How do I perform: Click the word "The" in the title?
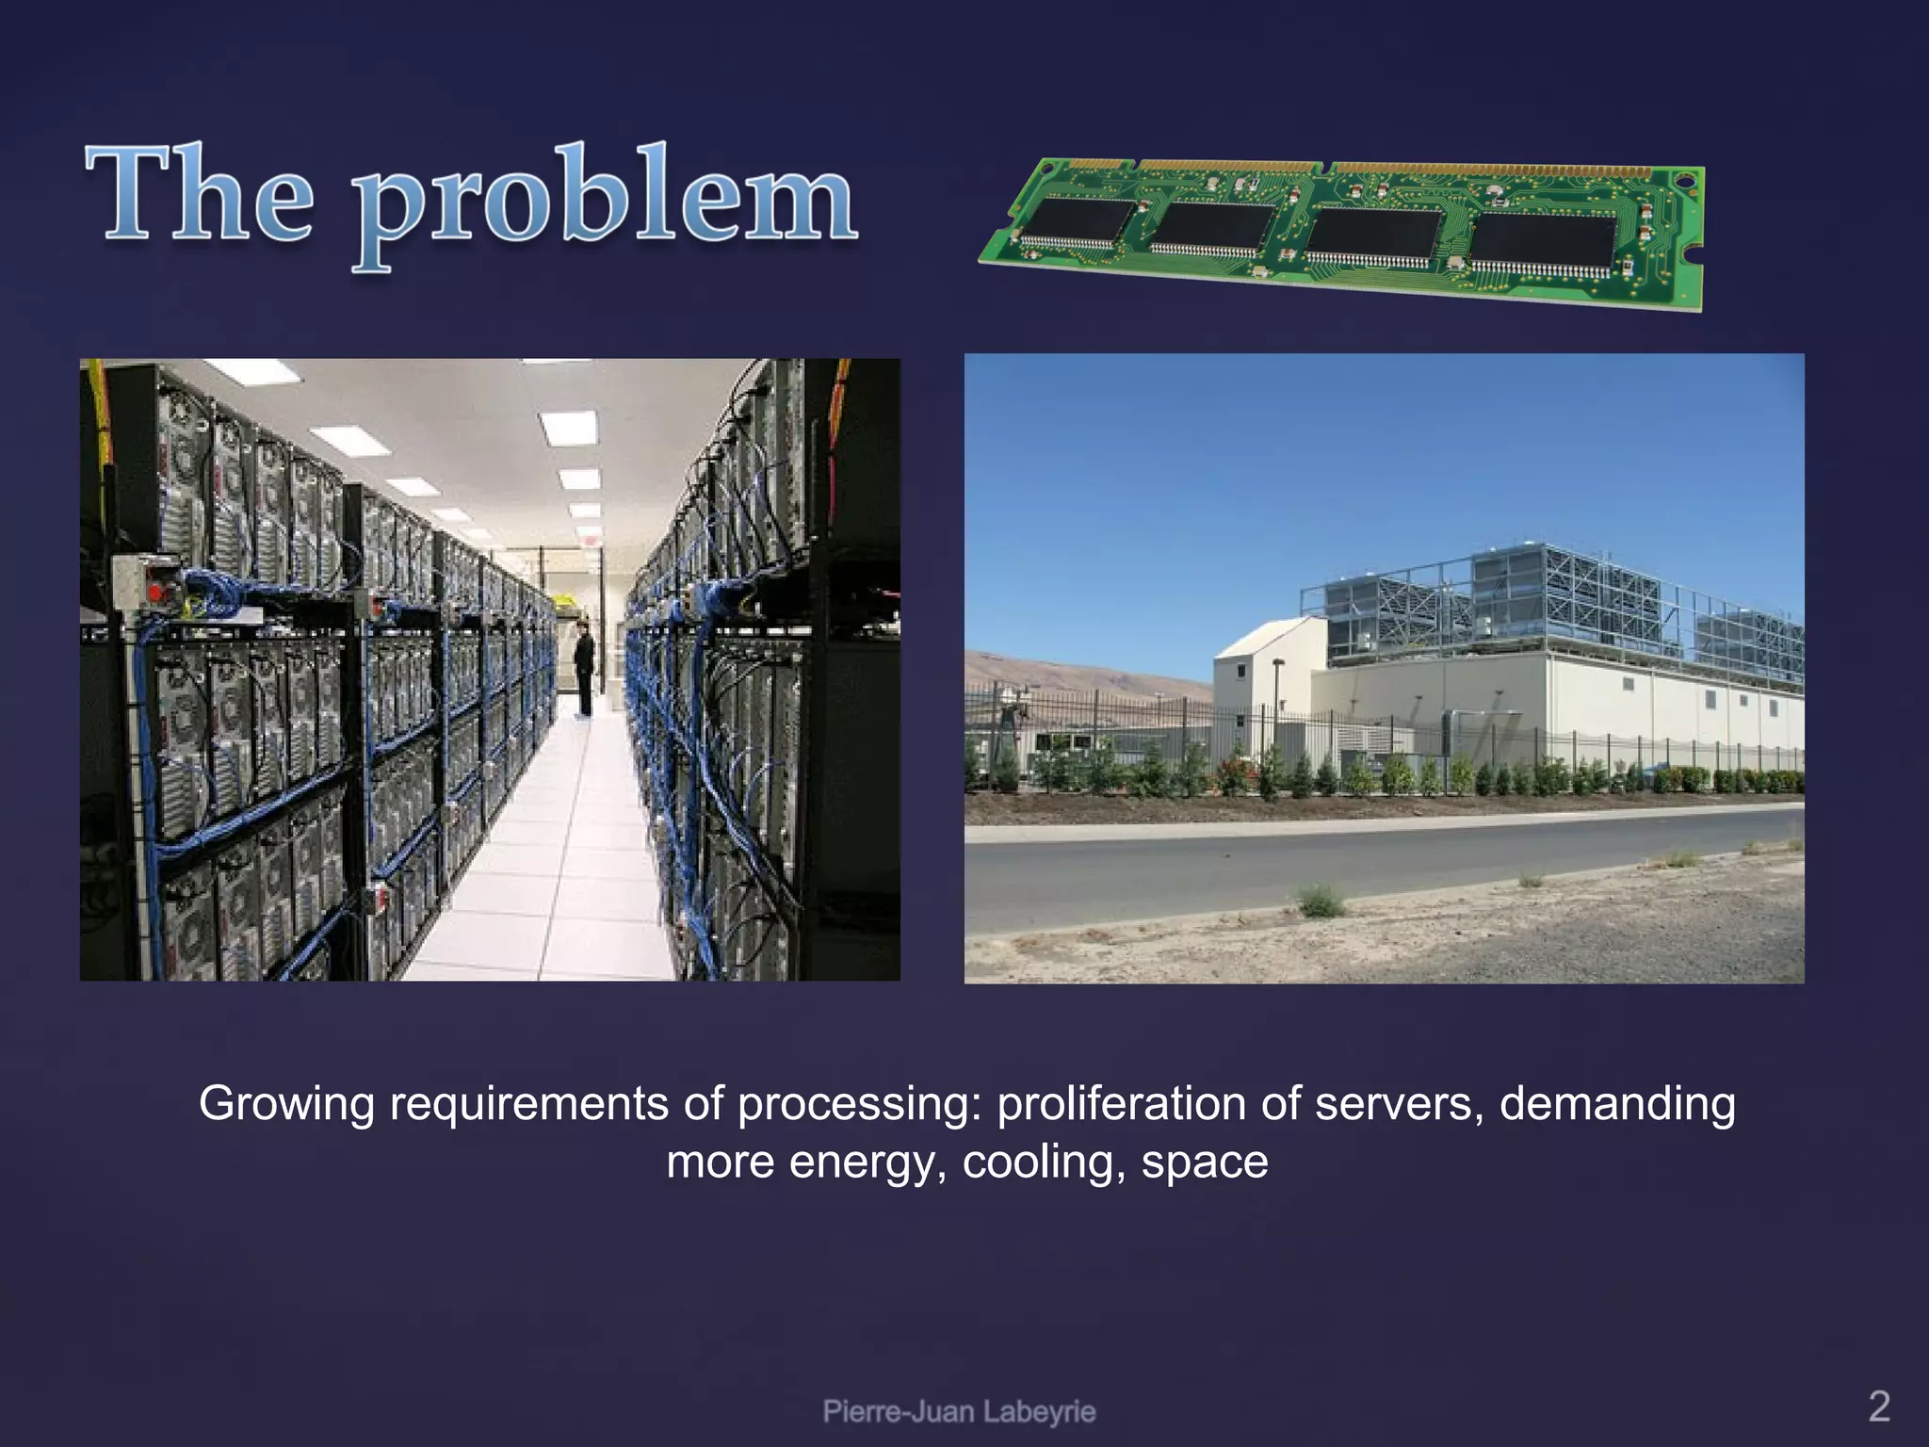coord(200,196)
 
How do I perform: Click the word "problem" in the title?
coord(605,203)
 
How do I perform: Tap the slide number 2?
coord(1878,1406)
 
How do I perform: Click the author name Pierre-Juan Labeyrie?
coord(959,1411)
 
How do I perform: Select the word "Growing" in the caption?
coord(286,1104)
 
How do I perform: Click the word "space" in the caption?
coord(1205,1162)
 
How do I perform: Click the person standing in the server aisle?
coord(584,669)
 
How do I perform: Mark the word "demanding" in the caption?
coord(1616,1104)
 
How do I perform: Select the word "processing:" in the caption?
coord(859,1104)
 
